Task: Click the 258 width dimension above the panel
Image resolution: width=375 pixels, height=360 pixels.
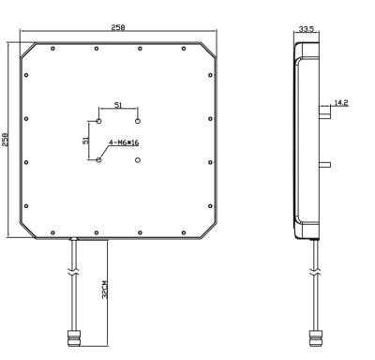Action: [118, 28]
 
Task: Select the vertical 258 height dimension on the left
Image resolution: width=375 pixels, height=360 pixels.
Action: [7, 139]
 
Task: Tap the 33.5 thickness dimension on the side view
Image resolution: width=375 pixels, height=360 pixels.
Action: [306, 30]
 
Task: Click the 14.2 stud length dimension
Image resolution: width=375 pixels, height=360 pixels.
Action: [341, 102]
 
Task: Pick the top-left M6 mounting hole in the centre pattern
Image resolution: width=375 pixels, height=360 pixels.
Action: [98, 121]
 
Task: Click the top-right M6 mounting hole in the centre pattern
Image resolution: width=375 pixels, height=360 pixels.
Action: [138, 121]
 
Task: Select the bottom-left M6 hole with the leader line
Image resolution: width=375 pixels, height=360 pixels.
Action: [98, 159]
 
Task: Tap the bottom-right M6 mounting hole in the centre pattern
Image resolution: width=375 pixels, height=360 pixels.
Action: [138, 159]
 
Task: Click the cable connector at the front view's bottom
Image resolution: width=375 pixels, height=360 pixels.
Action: [74, 336]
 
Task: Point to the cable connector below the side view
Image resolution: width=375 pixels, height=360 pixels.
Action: [312, 336]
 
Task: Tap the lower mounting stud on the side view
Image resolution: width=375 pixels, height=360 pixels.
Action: [324, 165]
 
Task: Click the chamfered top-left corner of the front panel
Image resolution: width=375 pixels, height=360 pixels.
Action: [26, 48]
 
